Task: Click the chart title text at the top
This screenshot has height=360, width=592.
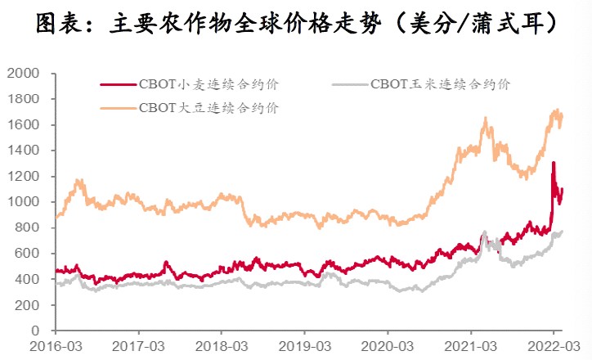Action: coord(296,25)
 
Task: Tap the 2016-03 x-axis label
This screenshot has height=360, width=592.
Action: coord(56,346)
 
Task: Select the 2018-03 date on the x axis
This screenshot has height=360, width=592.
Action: coord(221,346)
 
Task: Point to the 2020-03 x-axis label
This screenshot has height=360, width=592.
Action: coord(388,346)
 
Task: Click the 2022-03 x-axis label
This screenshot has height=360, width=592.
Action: coord(554,346)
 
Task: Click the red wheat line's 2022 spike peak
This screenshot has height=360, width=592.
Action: coord(554,163)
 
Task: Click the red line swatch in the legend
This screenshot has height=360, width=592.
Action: coord(118,83)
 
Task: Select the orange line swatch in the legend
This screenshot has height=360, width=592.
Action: coord(118,107)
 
